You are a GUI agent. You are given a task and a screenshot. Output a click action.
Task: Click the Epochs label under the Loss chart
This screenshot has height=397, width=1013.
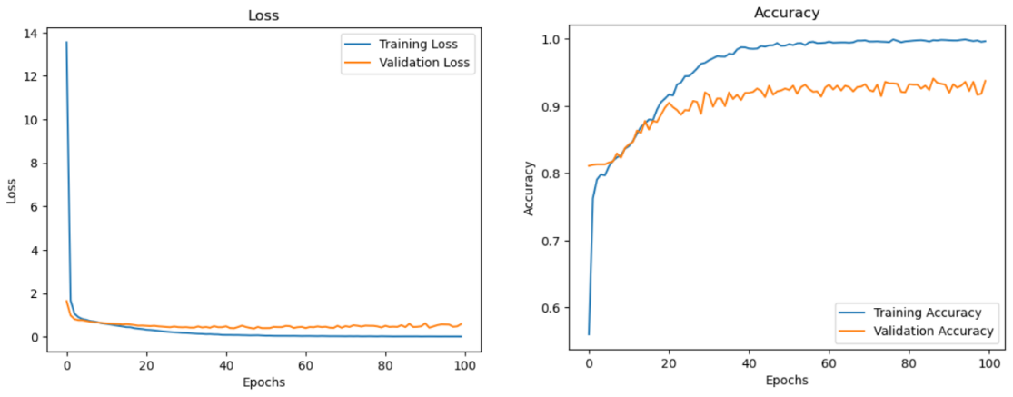click(263, 382)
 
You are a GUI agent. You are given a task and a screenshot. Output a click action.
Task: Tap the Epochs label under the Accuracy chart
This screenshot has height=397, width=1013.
click(789, 381)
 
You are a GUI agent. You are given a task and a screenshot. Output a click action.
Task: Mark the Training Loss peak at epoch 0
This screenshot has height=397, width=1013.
click(66, 42)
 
